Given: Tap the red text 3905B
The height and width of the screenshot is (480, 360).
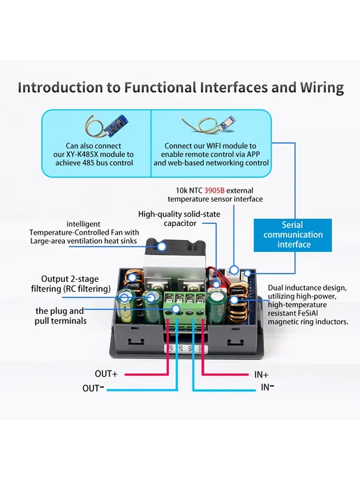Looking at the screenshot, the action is tap(214, 190).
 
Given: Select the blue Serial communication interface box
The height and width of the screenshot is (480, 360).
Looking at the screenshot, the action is tap(292, 235).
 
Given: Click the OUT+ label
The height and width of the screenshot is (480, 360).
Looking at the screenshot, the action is tap(106, 374).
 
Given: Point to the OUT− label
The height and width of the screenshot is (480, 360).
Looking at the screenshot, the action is tap(93, 388).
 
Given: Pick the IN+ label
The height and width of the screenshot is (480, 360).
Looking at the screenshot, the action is tap(261, 375).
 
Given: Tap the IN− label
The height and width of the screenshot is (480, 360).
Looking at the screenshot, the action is tap(267, 387).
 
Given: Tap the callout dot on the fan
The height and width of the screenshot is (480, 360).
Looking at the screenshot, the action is tap(161, 246).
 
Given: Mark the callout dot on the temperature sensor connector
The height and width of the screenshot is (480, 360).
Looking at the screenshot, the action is tap(234, 270).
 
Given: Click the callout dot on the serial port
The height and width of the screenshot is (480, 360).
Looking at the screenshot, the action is tap(248, 273).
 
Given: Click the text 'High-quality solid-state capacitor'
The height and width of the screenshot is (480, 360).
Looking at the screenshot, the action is tap(179, 218).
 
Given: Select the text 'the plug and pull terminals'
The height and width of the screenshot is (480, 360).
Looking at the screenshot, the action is tap(61, 316).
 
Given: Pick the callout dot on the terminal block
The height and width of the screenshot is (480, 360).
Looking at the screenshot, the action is tap(176, 309).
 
